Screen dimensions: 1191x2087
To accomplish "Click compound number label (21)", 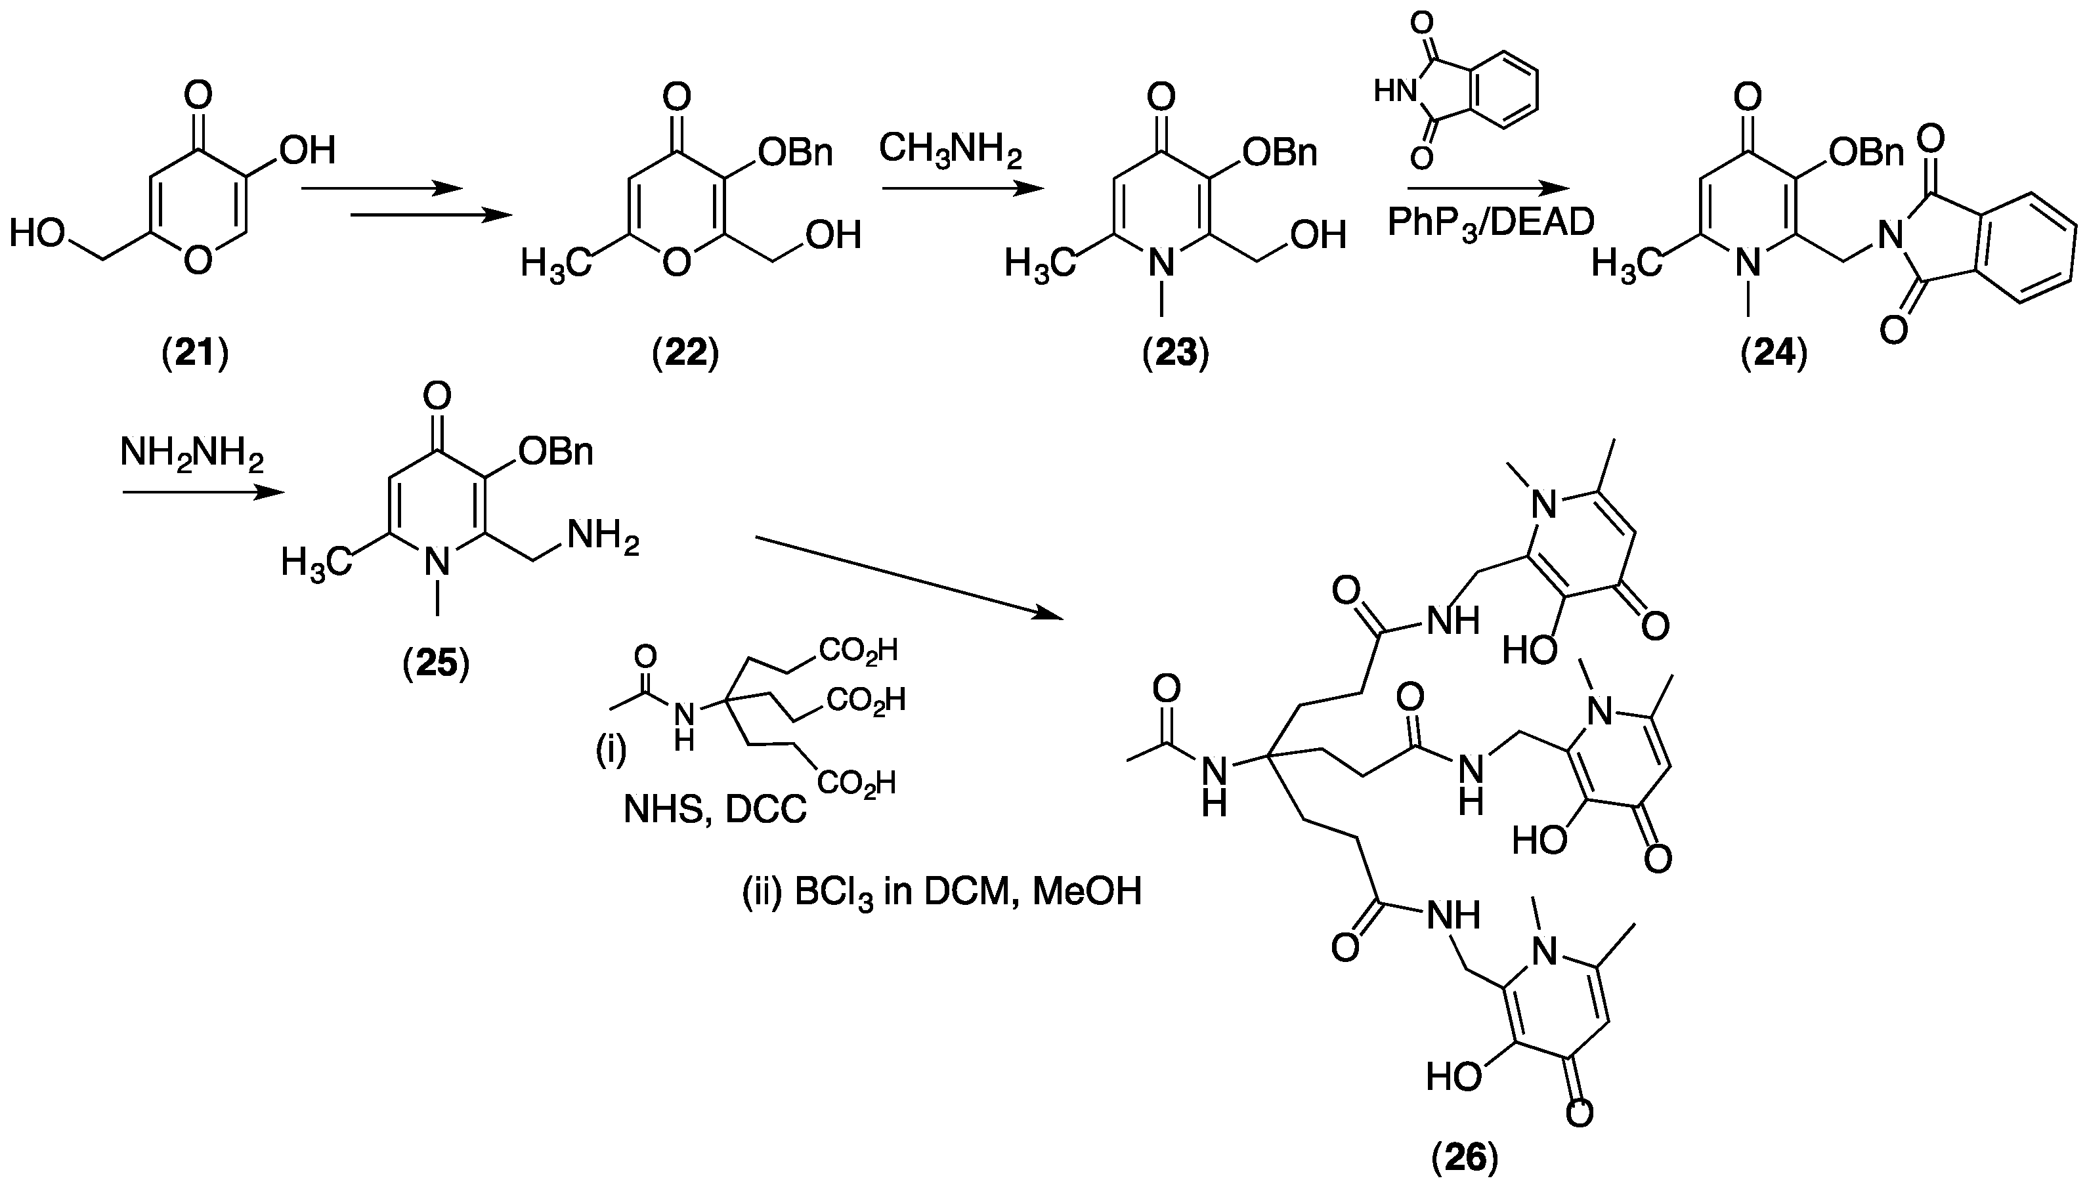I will [196, 354].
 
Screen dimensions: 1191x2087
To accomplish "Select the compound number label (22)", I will [685, 354].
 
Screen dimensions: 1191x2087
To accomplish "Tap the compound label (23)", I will [1176, 354].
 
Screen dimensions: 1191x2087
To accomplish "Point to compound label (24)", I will [1774, 354].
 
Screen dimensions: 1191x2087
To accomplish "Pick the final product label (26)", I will [1465, 1158].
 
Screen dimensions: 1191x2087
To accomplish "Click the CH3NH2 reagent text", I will [950, 152].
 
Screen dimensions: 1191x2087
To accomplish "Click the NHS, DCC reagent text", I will [714, 809].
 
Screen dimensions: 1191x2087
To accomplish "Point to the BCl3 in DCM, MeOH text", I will [941, 892].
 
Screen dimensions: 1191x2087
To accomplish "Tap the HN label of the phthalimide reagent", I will [1395, 93].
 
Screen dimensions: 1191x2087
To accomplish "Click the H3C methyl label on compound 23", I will [1038, 264].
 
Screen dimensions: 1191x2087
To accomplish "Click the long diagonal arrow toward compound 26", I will [908, 577].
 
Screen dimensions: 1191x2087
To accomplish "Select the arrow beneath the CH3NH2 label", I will [962, 190].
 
